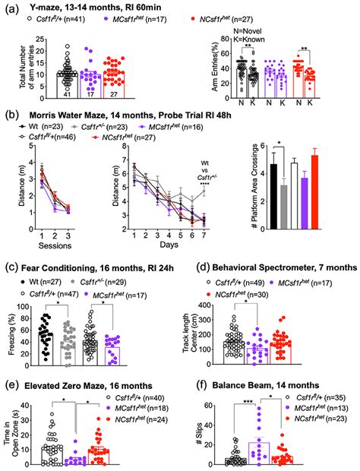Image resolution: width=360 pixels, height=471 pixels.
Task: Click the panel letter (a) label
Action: pyautogui.click(x=9, y=8)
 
